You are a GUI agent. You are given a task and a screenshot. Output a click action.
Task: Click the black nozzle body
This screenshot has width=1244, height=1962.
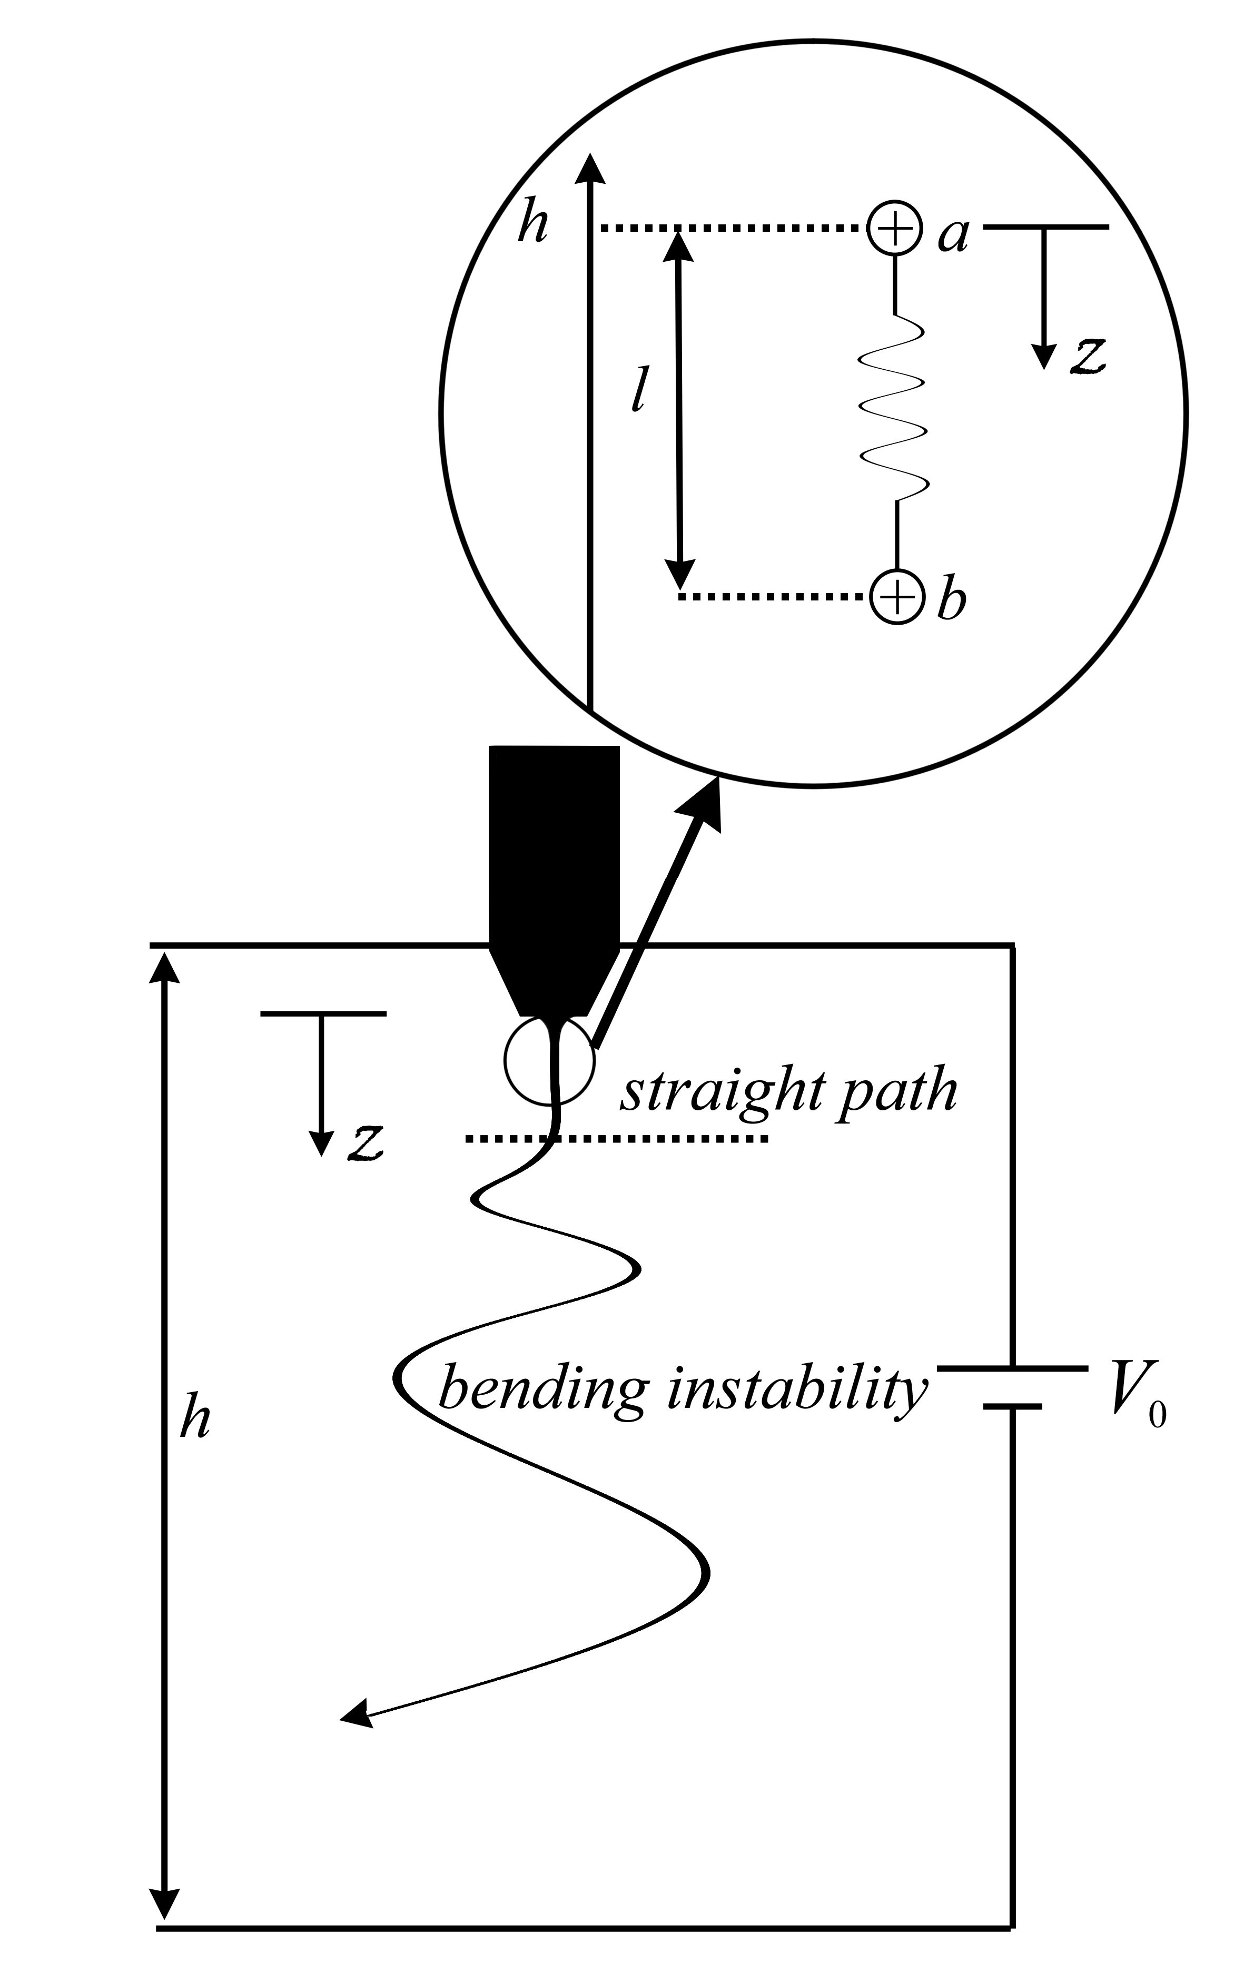click(x=554, y=864)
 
